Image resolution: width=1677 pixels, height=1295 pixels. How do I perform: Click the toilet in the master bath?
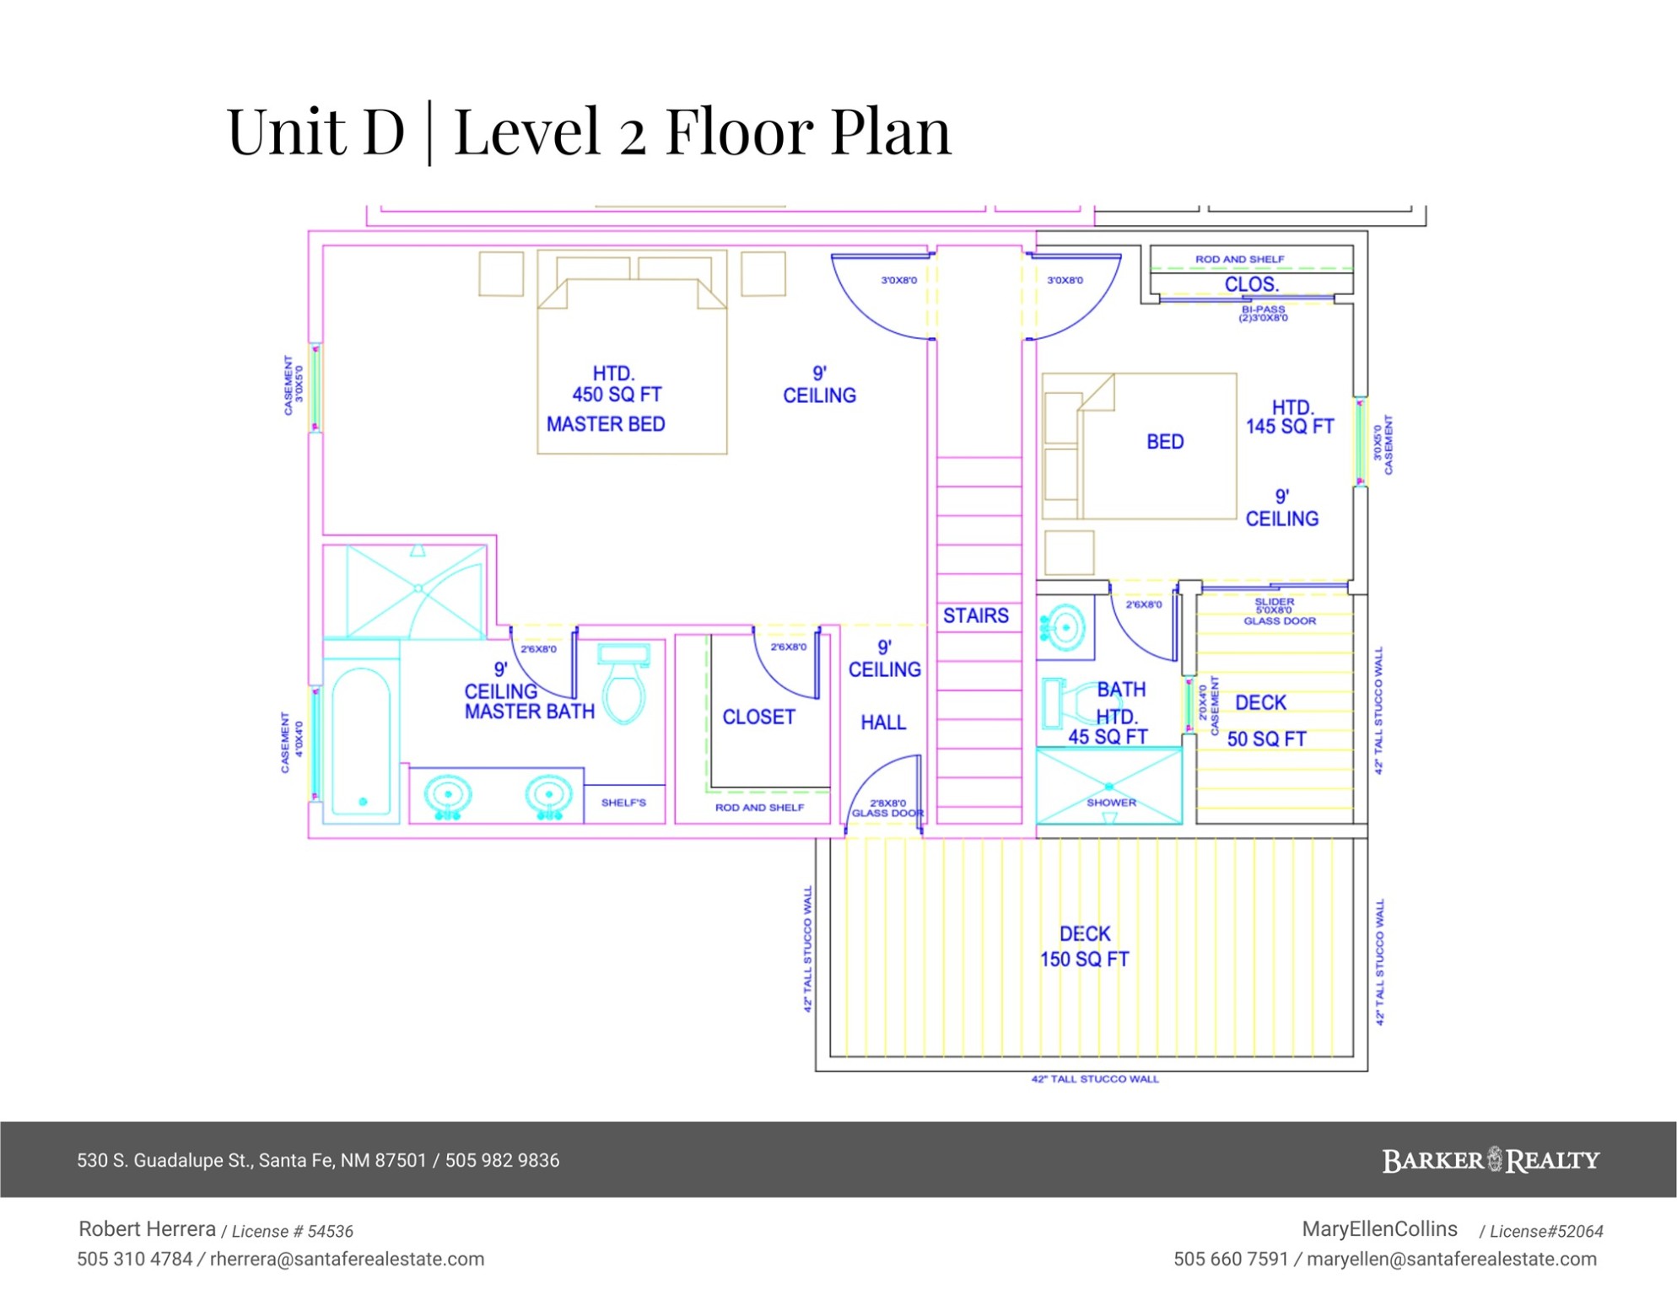coord(624,683)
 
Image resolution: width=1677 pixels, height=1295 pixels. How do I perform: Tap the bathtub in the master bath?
coord(361,740)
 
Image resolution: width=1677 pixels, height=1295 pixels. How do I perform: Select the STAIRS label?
coord(976,615)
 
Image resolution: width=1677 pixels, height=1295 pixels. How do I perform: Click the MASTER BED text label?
coord(606,424)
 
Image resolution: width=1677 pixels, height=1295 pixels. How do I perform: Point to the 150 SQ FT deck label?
coord(1084,959)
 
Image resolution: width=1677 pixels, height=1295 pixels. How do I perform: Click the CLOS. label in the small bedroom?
coord(1252,284)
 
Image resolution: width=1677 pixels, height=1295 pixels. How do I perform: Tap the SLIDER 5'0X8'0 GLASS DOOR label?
coord(1279,611)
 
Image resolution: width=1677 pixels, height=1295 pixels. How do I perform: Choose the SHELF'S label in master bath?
coord(623,802)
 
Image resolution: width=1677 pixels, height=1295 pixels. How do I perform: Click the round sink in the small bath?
coord(1065,627)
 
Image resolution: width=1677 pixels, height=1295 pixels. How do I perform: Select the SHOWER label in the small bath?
coord(1111,802)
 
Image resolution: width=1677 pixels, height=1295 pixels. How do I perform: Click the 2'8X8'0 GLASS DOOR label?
coord(887,808)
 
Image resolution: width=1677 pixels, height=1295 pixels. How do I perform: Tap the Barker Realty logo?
coord(1491,1160)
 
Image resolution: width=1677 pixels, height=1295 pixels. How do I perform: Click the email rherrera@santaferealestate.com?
coord(347,1259)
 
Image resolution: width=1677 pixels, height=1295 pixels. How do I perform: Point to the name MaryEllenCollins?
coord(1379,1228)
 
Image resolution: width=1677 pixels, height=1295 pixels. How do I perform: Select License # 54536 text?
coord(292,1231)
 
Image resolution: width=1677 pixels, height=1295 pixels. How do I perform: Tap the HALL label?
coord(883,722)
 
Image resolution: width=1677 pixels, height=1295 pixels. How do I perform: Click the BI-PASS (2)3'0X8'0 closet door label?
coord(1263,314)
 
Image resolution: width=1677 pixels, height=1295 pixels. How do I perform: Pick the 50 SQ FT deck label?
coord(1266,739)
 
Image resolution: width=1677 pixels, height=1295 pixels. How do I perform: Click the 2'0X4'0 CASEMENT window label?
coord(1208,706)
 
